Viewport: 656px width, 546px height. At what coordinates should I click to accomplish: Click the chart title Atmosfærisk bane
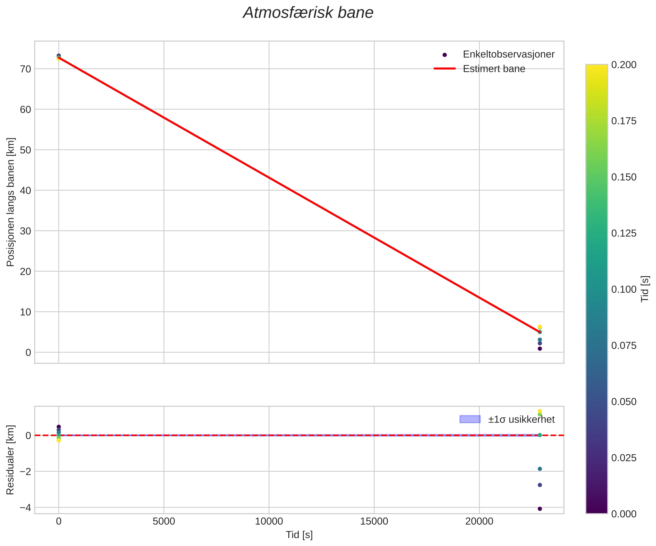308,13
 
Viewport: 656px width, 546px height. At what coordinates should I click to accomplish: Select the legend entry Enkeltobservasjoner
508,54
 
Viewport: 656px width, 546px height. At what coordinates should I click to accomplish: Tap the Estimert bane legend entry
494,69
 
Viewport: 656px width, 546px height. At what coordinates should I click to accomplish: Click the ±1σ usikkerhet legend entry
521,419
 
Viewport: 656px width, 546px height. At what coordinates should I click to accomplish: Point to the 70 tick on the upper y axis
26,69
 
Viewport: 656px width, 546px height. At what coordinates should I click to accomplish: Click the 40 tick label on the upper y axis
26,190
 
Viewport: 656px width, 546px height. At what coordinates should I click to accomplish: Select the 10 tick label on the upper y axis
26,312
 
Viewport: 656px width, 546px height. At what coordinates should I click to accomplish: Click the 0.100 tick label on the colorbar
623,289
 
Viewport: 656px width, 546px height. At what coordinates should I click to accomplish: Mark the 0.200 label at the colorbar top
623,65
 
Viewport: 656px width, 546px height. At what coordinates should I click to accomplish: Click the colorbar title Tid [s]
645,289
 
